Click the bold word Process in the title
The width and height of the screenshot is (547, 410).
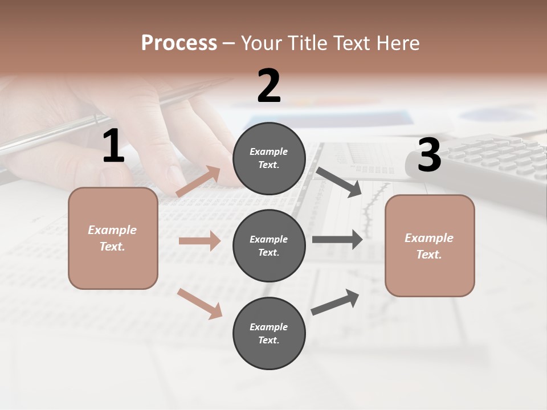179,43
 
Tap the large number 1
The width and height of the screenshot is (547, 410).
113,146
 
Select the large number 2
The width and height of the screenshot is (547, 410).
269,86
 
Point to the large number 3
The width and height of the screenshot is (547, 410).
429,155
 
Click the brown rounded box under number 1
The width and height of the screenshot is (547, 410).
113,238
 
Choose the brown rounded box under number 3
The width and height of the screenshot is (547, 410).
430,245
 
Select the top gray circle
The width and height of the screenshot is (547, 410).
269,158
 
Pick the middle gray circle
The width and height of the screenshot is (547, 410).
269,245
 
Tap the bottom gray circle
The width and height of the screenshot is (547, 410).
269,333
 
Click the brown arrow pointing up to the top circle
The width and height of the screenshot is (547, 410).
198,182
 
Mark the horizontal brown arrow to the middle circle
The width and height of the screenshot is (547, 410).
199,241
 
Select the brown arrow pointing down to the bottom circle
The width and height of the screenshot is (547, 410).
199,304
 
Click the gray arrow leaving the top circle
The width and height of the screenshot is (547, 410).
338,182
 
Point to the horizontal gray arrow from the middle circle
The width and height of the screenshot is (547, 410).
337,239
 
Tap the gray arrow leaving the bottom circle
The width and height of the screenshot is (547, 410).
335,302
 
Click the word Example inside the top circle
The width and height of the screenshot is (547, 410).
269,151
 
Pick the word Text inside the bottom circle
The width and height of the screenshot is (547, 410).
268,340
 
